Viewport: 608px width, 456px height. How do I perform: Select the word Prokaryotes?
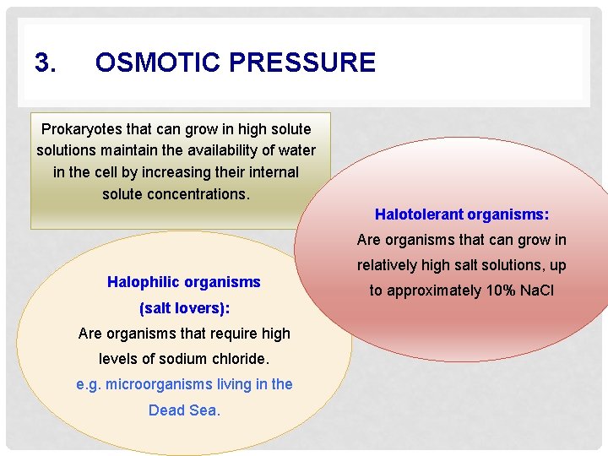click(x=81, y=129)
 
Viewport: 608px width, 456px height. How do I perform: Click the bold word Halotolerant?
click(x=419, y=214)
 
